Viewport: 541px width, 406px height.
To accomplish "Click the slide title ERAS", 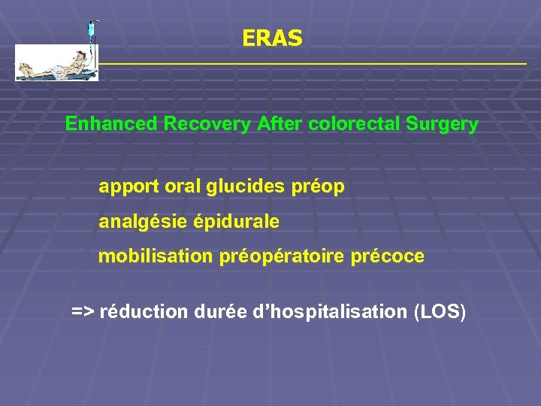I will (x=273, y=38).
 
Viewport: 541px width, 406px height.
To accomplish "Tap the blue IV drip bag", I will (x=91, y=29).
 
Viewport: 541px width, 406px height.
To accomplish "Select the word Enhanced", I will (x=111, y=124).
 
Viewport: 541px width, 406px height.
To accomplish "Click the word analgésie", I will (x=144, y=222).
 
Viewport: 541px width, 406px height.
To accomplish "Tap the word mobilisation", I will (x=156, y=256).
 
